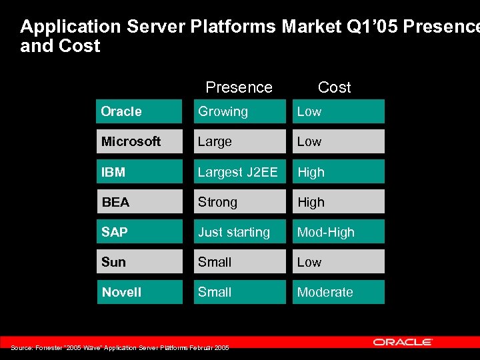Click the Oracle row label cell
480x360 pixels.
pos(139,111)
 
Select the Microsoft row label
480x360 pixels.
pos(139,141)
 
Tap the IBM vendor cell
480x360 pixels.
pos(139,172)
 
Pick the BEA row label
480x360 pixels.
pos(139,202)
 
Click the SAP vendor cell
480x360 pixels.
pos(139,232)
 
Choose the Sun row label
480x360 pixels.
pos(139,262)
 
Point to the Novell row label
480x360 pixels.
pos(139,292)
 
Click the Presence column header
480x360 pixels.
pos(239,87)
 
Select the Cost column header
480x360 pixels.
pos(334,87)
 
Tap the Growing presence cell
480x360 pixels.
pos(239,111)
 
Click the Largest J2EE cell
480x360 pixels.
pos(239,172)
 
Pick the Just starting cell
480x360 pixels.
pos(239,232)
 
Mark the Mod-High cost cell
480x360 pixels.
pos(338,232)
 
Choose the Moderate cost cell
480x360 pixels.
pos(338,292)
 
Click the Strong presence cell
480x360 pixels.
pos(239,202)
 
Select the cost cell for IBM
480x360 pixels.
pos(338,172)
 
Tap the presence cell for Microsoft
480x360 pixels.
pos(239,141)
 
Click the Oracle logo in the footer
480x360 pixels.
pos(403,342)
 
